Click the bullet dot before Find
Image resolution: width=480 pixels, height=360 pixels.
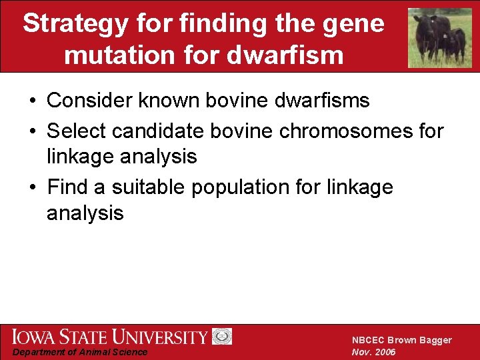(33, 188)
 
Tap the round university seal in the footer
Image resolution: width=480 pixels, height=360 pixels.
(222, 337)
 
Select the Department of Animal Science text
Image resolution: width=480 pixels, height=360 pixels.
(80, 352)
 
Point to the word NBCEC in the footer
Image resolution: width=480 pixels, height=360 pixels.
(369, 340)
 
